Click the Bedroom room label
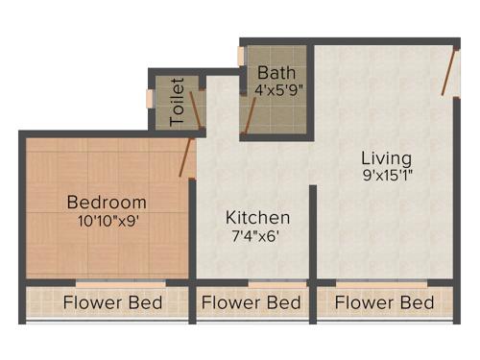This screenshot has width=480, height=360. [x=107, y=203]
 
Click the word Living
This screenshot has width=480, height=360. [x=386, y=157]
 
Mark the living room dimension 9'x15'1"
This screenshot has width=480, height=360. [x=386, y=176]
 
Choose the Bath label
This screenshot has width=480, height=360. [x=275, y=73]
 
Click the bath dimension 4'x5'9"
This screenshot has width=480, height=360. [x=279, y=91]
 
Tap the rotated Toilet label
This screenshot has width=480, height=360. [x=177, y=102]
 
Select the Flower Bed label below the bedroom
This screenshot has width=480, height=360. [x=112, y=303]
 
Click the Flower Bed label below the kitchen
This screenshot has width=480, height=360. [x=252, y=303]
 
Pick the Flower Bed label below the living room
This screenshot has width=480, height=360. [x=385, y=303]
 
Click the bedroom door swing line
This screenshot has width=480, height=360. [x=186, y=157]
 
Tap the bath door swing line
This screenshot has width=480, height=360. [x=250, y=114]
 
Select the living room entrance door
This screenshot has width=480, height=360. [x=447, y=72]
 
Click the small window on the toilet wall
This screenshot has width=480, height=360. [x=149, y=98]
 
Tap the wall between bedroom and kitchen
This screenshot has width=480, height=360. [x=193, y=230]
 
